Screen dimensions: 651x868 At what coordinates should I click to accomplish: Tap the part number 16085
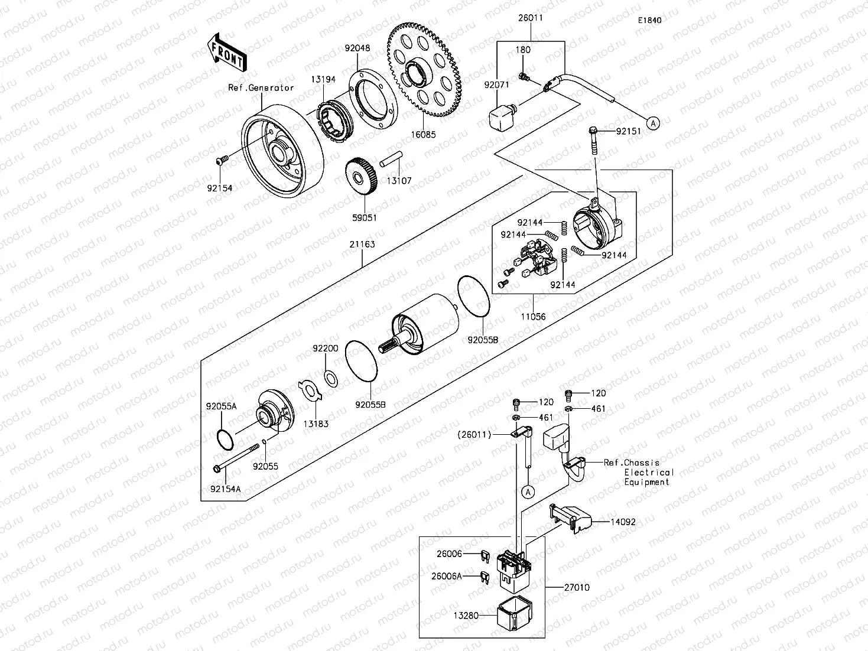tap(423, 135)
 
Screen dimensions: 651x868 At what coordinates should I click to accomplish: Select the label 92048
tap(357, 48)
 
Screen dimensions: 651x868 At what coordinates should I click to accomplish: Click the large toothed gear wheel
tap(425, 68)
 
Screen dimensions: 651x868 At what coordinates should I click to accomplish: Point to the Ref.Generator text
tap(261, 88)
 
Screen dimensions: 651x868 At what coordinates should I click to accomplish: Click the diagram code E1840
tap(649, 20)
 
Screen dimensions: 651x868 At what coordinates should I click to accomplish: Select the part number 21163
tap(362, 244)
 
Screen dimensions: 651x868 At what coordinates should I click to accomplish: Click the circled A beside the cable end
tap(652, 123)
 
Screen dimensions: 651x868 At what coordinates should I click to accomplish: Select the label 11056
tap(533, 317)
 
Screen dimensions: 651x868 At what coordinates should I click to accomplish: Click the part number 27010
tap(576, 588)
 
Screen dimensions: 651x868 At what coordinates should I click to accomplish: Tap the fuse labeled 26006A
tap(485, 576)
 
